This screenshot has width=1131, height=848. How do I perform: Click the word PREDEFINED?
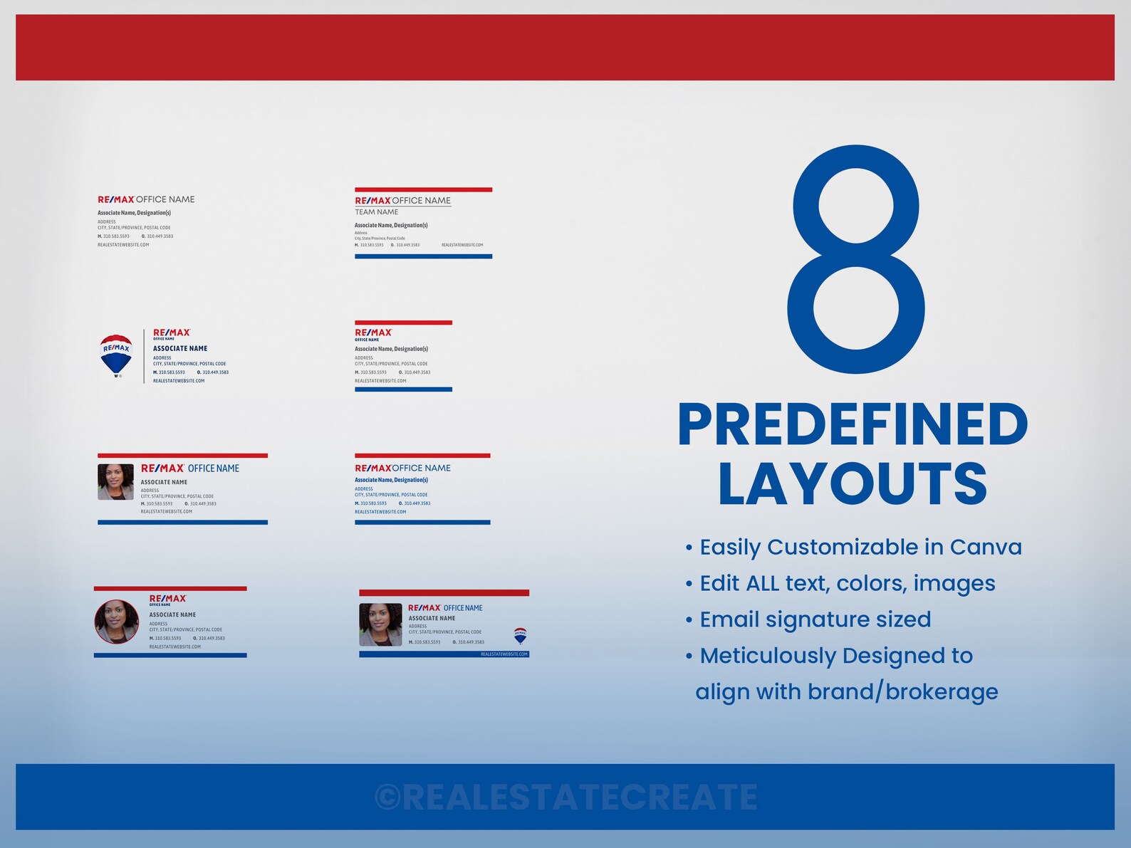click(x=853, y=425)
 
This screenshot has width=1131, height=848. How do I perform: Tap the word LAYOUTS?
click(x=852, y=483)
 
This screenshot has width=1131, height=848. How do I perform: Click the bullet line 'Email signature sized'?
click(x=815, y=619)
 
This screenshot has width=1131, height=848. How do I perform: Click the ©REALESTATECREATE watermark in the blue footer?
click(x=565, y=797)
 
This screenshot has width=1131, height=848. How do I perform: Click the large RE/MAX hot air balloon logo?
click(x=116, y=355)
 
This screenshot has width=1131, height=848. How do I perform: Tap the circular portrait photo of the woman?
click(x=117, y=622)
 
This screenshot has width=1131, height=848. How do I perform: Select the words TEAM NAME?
click(x=377, y=212)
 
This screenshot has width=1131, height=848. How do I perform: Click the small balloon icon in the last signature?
click(x=520, y=635)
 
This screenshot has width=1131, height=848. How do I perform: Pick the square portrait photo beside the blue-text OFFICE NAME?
click(x=115, y=482)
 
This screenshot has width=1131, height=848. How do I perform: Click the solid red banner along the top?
click(x=565, y=47)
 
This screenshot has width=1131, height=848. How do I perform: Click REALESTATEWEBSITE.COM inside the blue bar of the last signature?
click(x=504, y=654)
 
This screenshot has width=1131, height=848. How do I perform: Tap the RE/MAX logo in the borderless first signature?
click(x=115, y=199)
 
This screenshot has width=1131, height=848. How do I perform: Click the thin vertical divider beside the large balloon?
click(x=144, y=356)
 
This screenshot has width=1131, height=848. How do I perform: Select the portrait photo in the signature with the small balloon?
click(x=380, y=624)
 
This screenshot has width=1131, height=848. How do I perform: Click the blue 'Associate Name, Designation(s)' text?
click(x=391, y=480)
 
